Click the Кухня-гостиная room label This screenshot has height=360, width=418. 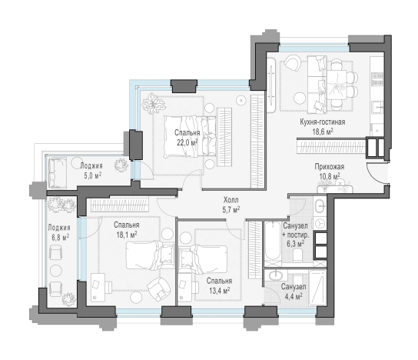point(322,122)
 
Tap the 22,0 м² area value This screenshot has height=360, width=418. point(187,142)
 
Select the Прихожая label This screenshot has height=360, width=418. point(330,166)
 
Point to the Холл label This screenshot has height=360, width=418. point(231,199)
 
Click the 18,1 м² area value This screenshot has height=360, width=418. point(127,235)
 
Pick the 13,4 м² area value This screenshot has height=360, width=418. point(220,290)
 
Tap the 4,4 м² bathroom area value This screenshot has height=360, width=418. point(294,296)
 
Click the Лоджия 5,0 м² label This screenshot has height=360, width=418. point(91,171)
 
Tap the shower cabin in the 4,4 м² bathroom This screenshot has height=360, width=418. point(318,288)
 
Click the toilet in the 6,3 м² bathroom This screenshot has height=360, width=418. point(298,255)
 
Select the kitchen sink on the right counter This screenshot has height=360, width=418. point(377,107)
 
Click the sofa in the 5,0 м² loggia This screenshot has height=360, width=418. point(58,172)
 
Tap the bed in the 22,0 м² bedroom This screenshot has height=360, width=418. point(190,136)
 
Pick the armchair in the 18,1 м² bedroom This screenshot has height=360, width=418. point(159,289)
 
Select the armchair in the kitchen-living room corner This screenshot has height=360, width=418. point(293,64)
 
